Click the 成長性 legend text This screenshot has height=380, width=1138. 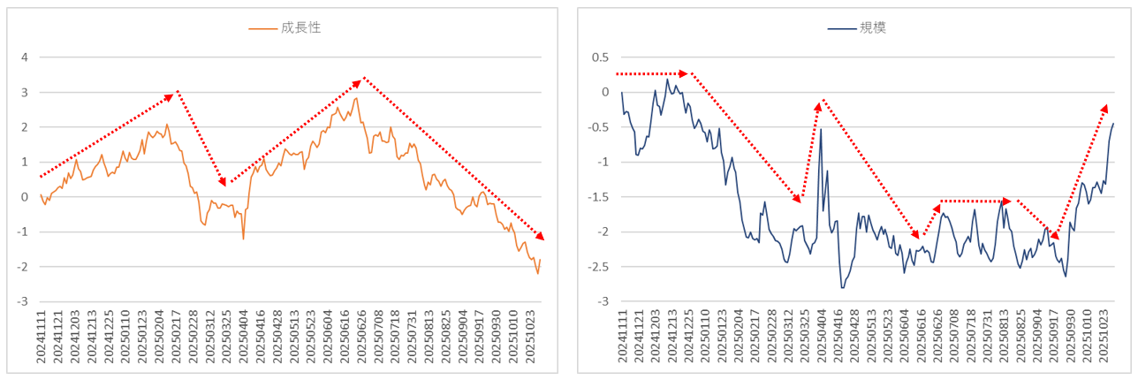pyautogui.click(x=300, y=27)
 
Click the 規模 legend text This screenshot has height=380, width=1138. pyautogui.click(x=873, y=27)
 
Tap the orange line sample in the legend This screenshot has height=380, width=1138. pyautogui.click(x=262, y=28)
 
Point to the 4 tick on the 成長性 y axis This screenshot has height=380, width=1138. pyautogui.click(x=25, y=57)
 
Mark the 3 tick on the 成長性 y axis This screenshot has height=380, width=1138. pyautogui.click(x=25, y=93)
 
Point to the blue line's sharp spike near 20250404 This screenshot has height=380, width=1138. pyautogui.click(x=821, y=130)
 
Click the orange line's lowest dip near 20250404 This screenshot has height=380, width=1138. pyautogui.click(x=243, y=239)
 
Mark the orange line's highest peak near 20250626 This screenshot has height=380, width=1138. pyautogui.click(x=356, y=98)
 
